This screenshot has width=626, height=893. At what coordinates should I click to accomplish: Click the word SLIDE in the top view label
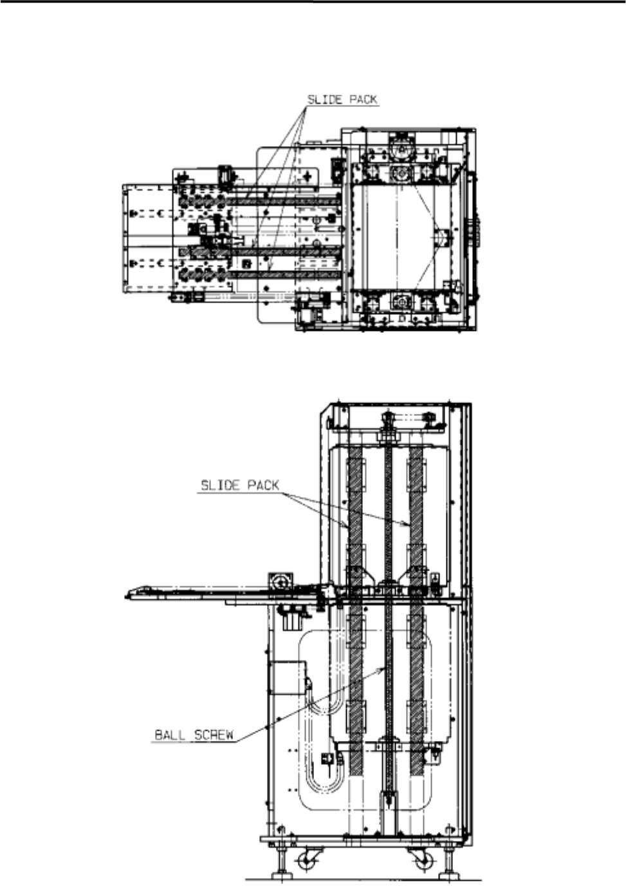[326, 100]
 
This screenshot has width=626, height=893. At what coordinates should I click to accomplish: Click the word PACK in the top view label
[363, 100]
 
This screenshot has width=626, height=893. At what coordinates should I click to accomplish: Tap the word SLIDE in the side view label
[220, 485]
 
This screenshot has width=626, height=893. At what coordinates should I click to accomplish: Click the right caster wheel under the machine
[423, 860]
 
